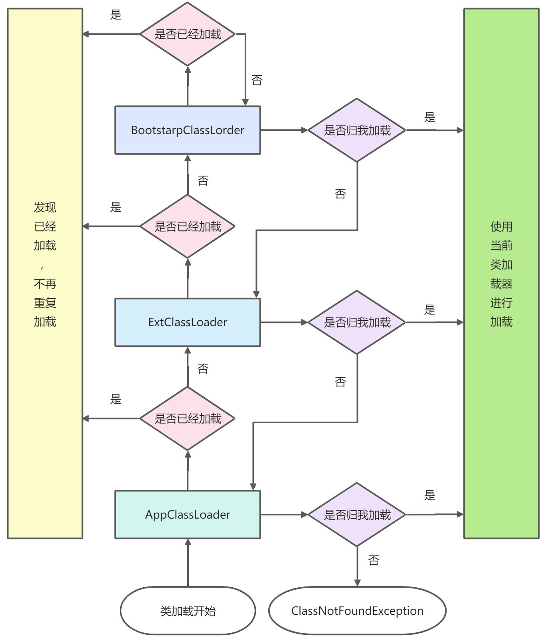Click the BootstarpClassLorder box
pos(188,130)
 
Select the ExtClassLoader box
pos(188,322)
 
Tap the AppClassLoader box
pos(188,515)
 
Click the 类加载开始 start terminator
pos(188,611)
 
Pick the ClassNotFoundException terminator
pos(357,611)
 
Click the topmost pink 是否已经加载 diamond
pos(188,34)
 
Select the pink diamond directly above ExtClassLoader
pos(188,226)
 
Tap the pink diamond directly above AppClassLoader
pos(188,418)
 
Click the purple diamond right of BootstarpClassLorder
pos(357,130)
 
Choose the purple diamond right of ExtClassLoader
pos(357,322)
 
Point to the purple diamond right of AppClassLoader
pos(357,515)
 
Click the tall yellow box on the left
pos(45,273)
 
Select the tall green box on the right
pos(501,273)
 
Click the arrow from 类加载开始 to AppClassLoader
pos(188,563)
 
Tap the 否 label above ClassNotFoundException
pos(374,561)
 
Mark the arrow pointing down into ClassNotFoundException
pos(357,566)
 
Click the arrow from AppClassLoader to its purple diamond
pos(284,515)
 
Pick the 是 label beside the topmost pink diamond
pos(116,15)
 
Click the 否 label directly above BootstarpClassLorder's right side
pos(257,80)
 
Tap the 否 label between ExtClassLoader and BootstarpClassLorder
pos(203,181)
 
